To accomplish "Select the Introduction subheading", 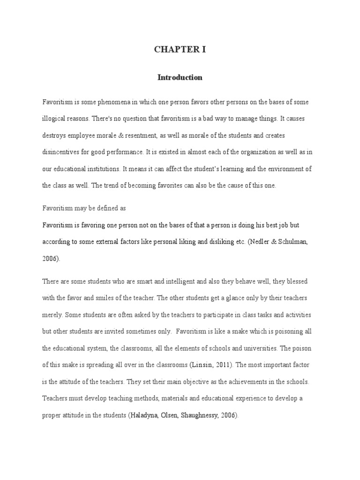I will (x=180, y=78).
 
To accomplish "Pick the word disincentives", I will (x=62, y=152).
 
